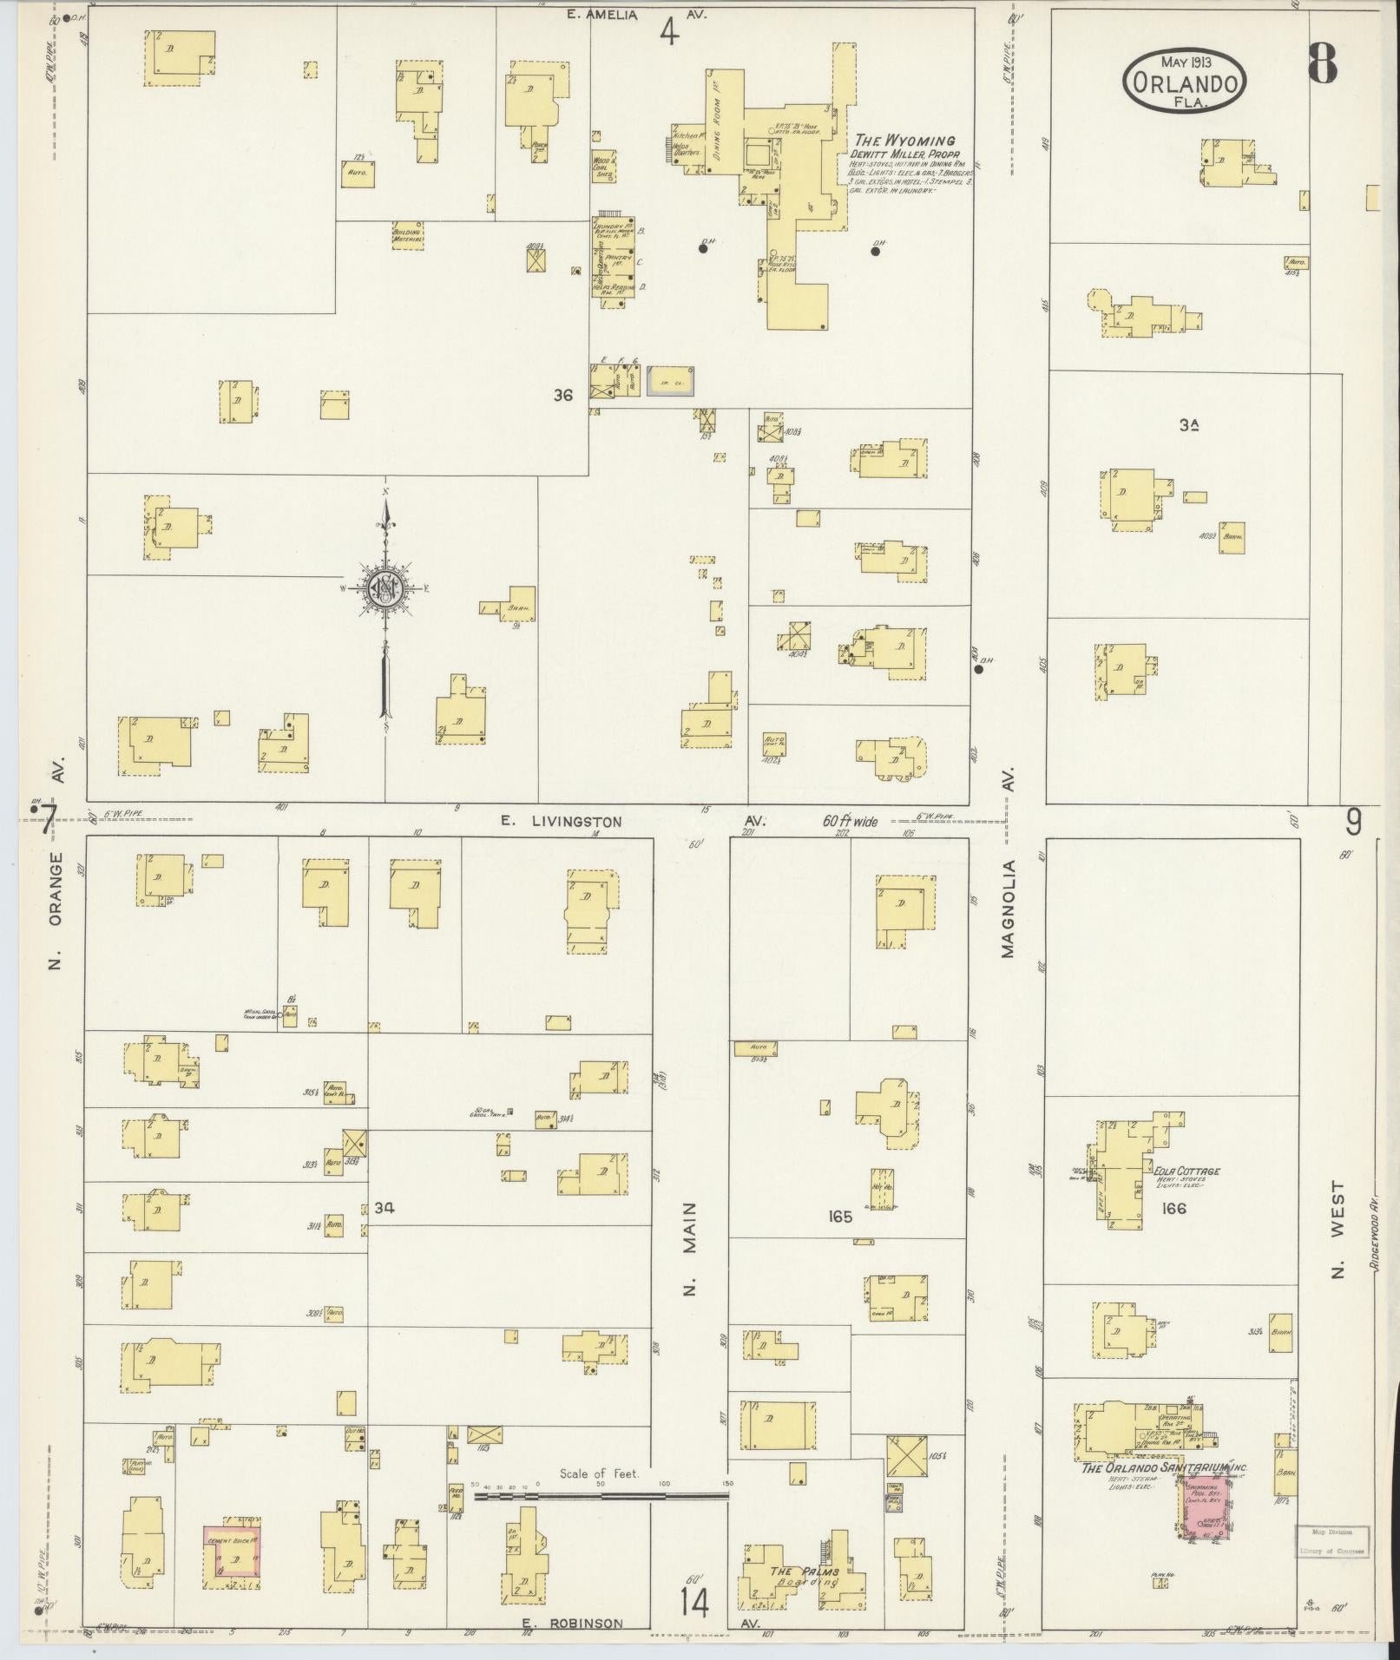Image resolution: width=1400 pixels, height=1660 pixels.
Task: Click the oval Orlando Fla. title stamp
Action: click(x=1186, y=81)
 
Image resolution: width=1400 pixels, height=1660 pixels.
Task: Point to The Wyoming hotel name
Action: click(x=904, y=141)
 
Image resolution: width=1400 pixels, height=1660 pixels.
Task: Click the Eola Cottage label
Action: click(x=1186, y=1171)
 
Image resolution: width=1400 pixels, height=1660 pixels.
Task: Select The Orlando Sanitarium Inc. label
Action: click(x=1164, y=1467)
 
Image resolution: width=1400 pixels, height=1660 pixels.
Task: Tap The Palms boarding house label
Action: click(x=805, y=1571)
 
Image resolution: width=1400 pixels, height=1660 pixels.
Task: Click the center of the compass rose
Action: click(x=385, y=590)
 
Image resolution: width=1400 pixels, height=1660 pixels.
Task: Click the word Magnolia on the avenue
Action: click(x=1008, y=909)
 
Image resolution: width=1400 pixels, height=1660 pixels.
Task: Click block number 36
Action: click(x=563, y=395)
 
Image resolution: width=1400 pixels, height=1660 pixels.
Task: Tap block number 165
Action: click(x=840, y=1217)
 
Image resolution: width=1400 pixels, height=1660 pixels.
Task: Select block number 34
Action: click(x=385, y=1207)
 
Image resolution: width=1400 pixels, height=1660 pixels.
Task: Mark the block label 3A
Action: click(x=1188, y=424)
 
